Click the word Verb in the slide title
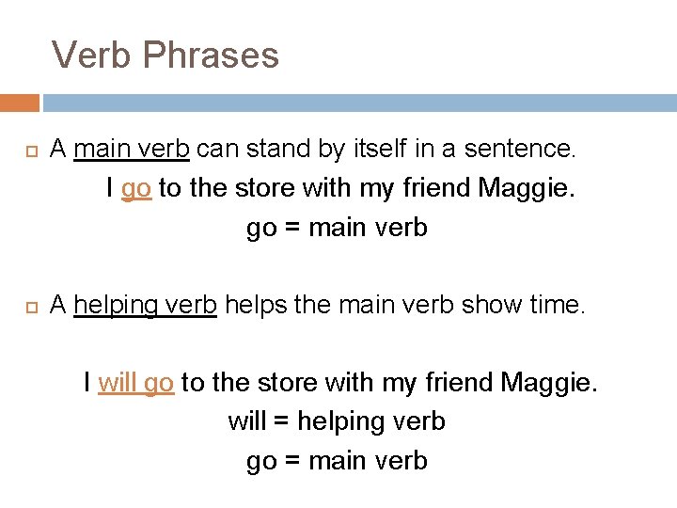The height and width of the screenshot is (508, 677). [x=92, y=56]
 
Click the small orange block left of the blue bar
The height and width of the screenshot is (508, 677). [x=19, y=103]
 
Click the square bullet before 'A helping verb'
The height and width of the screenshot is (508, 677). [x=29, y=305]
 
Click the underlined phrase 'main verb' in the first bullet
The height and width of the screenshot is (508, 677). [x=133, y=149]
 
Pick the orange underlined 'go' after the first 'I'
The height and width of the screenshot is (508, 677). [x=136, y=188]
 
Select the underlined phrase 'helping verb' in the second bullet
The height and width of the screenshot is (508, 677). [x=145, y=305]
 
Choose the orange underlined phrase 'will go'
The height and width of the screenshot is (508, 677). [x=135, y=383]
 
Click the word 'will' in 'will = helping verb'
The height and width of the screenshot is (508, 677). [x=247, y=421]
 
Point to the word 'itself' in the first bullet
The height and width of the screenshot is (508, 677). [x=383, y=149]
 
